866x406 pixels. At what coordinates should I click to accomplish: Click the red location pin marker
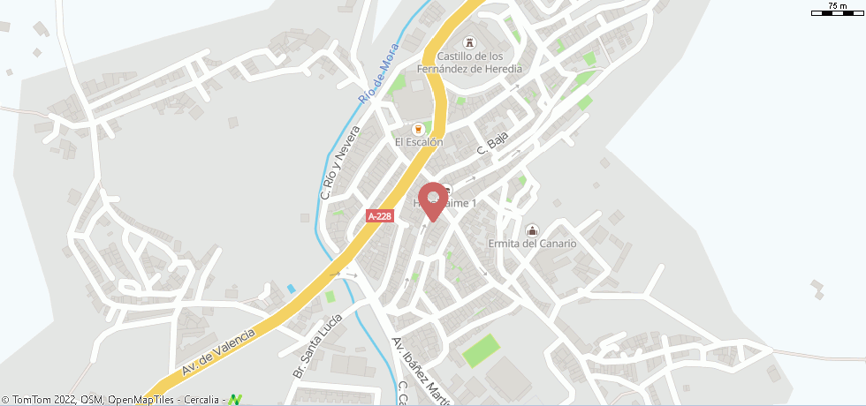[432, 199]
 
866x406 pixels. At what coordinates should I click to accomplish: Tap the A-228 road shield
[380, 215]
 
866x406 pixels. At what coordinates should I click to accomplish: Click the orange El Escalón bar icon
[419, 128]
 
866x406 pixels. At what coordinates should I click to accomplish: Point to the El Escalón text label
[419, 142]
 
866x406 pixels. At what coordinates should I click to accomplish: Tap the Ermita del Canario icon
[532, 230]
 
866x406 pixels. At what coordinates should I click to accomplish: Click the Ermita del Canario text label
[532, 244]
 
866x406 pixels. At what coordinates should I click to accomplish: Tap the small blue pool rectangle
[292, 289]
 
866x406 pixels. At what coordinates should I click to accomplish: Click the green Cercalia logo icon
[235, 400]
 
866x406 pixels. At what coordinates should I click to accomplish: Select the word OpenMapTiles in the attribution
[138, 400]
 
